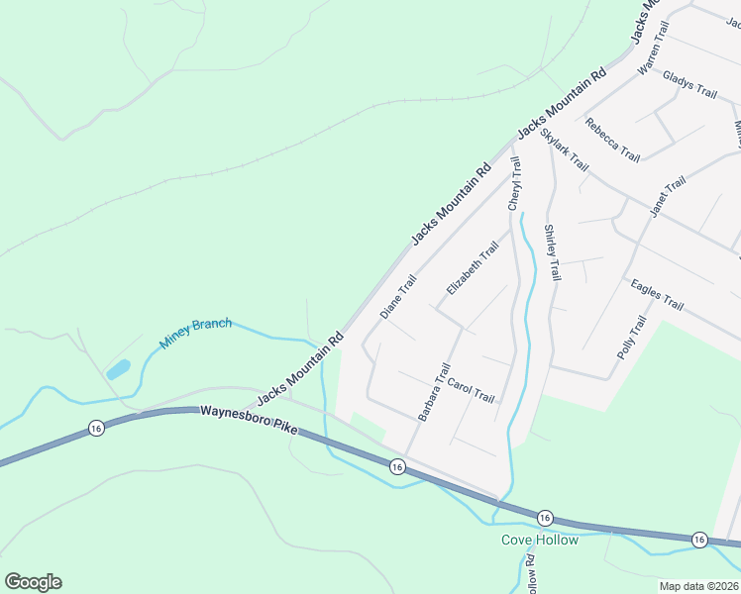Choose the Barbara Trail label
click(x=434, y=392)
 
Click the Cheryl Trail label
click(x=514, y=182)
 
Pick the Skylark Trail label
click(x=565, y=149)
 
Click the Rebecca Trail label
click(x=612, y=140)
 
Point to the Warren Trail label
click(x=654, y=49)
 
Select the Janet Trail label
click(x=668, y=197)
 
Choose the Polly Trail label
click(x=631, y=337)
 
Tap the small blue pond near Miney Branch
click(x=117, y=370)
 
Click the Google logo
click(x=33, y=582)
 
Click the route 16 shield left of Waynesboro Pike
click(x=96, y=428)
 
